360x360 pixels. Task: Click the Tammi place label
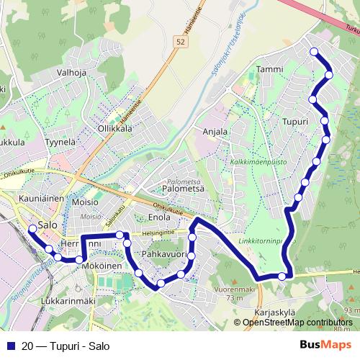tap(269, 69)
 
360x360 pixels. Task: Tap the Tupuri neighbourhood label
tap(295, 121)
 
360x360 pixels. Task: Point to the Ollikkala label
tap(114, 128)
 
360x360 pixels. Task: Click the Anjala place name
tap(215, 132)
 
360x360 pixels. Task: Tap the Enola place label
tap(159, 217)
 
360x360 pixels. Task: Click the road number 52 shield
tap(179, 44)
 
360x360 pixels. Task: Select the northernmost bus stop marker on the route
tap(313, 51)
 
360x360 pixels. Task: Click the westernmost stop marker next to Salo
tap(32, 229)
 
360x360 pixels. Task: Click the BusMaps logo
tap(325, 345)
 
